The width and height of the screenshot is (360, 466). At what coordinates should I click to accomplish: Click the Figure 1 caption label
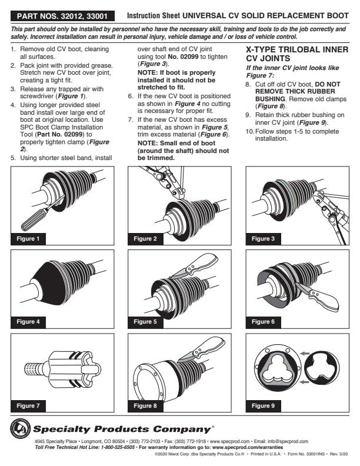pyautogui.click(x=28, y=239)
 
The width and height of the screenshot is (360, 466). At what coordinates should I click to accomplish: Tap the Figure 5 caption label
pyautogui.click(x=145, y=322)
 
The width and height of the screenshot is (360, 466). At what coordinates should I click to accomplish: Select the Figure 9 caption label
pyautogui.click(x=263, y=405)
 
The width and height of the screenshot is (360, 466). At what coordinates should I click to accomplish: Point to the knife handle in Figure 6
pyautogui.click(x=325, y=299)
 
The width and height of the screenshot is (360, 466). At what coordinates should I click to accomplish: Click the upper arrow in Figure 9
pyautogui.click(x=305, y=354)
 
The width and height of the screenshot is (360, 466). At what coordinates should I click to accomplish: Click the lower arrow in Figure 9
pyautogui.click(x=305, y=382)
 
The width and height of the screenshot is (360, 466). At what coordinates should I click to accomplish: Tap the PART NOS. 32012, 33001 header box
pyautogui.click(x=62, y=16)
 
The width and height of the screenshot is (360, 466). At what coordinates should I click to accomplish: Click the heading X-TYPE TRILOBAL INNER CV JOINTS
pyautogui.click(x=297, y=54)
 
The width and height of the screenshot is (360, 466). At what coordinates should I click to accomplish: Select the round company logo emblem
pyautogui.click(x=20, y=428)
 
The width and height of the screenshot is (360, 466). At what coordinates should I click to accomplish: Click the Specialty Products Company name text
pyautogui.click(x=122, y=429)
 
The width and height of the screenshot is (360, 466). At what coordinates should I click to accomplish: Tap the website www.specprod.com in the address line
pyautogui.click(x=229, y=441)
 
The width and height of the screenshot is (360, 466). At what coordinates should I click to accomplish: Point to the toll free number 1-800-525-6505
pyautogui.click(x=118, y=447)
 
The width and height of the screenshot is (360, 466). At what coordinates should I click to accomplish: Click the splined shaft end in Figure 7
pyautogui.click(x=31, y=368)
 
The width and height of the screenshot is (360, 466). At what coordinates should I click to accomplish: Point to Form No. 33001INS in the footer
pyautogui.click(x=307, y=454)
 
